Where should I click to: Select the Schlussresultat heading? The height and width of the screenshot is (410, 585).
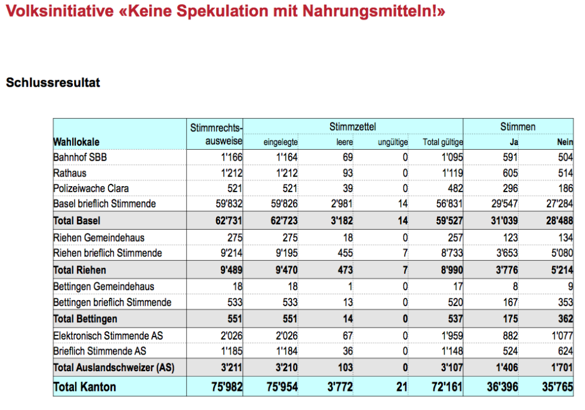coord(53,82)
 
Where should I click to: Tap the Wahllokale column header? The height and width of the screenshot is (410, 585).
coord(76,142)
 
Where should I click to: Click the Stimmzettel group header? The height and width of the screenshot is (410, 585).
coord(353,127)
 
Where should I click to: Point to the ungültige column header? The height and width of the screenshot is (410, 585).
coord(393,142)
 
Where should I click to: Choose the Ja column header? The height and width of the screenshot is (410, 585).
coord(514,142)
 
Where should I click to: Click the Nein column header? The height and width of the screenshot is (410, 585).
coord(565,142)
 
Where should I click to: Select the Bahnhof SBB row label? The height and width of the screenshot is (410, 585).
coord(80,158)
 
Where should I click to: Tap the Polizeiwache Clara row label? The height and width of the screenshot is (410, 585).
coord(91,189)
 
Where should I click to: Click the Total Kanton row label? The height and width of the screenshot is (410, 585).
coord(85,387)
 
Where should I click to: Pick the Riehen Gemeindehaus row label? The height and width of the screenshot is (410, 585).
coord(99,238)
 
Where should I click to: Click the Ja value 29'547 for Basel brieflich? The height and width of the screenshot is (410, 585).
coord(504,204)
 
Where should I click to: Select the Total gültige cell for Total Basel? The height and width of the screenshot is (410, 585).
coord(449,221)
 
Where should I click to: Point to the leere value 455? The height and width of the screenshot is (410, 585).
coord(345,253)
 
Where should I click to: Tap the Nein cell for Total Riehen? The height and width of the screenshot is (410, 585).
coord(562,270)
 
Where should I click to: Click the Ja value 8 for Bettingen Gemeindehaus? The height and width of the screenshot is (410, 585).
coord(515,286)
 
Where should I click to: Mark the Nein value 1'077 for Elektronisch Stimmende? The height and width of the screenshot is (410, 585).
coord(562,336)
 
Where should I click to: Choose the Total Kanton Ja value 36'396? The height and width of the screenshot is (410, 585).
coord(502,387)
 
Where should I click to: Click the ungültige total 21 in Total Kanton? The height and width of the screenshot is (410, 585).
coord(402,387)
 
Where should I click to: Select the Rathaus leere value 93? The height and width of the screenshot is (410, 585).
coord(347,173)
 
